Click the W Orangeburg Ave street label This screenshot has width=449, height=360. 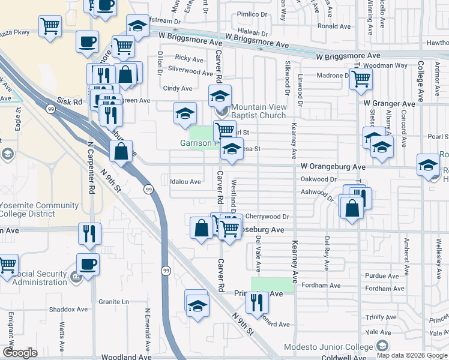pos(333,166)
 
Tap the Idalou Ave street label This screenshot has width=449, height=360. pos(185,181)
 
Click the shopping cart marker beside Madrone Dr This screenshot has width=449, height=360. pos(361,79)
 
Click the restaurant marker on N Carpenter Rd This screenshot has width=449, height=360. pos(89,233)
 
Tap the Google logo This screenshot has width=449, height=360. pos(20,353)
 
